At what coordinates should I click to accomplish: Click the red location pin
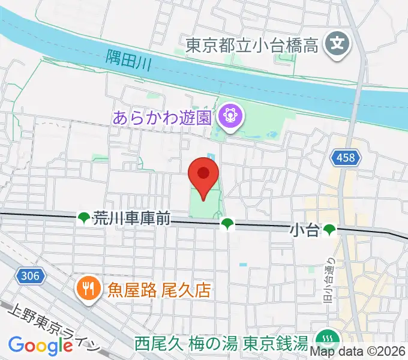pyautogui.click(x=203, y=175)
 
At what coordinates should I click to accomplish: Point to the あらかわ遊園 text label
pyautogui.click(x=163, y=116)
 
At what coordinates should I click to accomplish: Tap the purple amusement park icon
pyautogui.click(x=229, y=114)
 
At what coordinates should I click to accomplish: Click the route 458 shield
pyautogui.click(x=346, y=158)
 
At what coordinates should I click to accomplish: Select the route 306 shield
pyautogui.click(x=32, y=276)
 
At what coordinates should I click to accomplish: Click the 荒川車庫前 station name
pyautogui.click(x=131, y=219)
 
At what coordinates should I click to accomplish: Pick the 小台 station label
pyautogui.click(x=305, y=230)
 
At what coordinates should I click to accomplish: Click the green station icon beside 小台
pyautogui.click(x=329, y=230)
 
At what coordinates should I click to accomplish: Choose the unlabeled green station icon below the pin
pyautogui.click(x=226, y=224)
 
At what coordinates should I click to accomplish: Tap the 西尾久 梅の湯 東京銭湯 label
pyautogui.click(x=221, y=344)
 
